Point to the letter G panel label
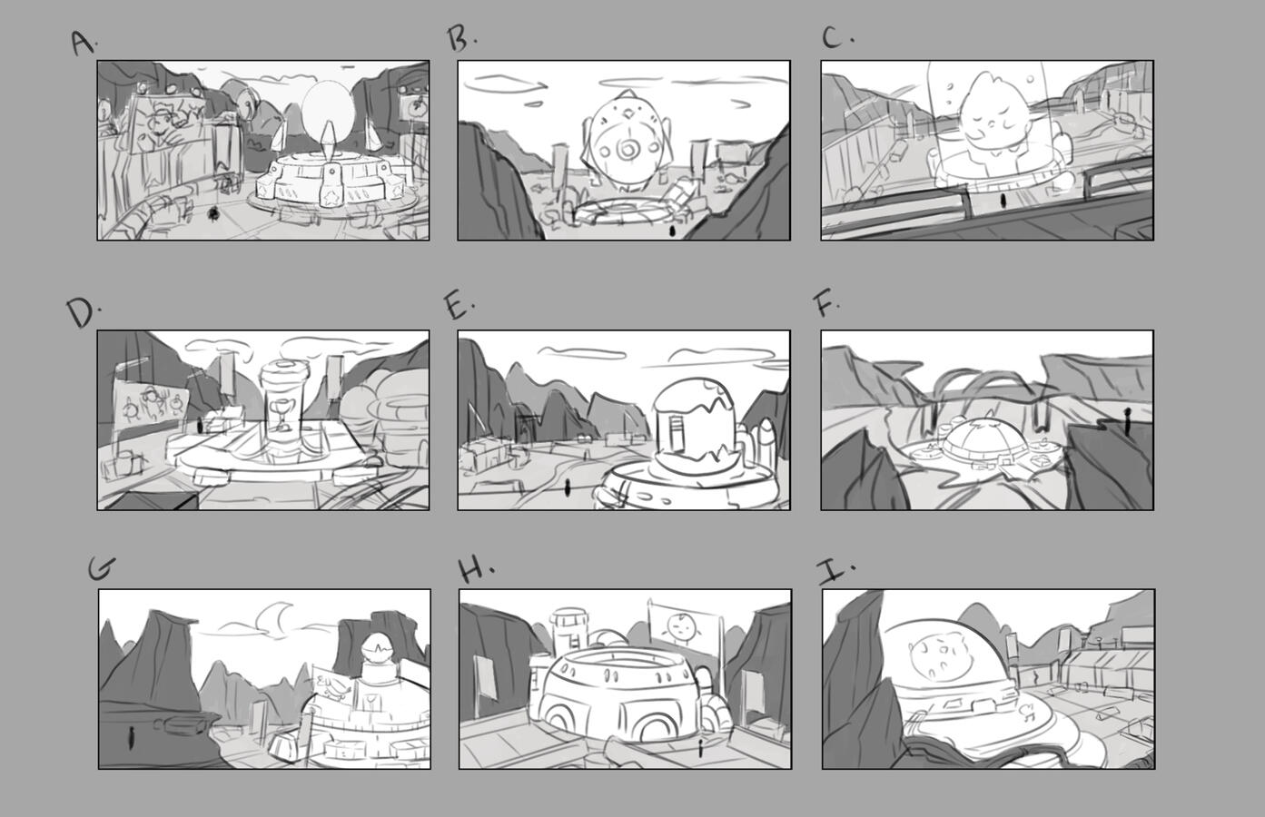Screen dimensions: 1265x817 point(102,568)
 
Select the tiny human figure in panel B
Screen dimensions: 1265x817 point(672,231)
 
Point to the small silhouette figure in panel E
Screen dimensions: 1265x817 point(568,487)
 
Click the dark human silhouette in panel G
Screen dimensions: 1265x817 point(131,738)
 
